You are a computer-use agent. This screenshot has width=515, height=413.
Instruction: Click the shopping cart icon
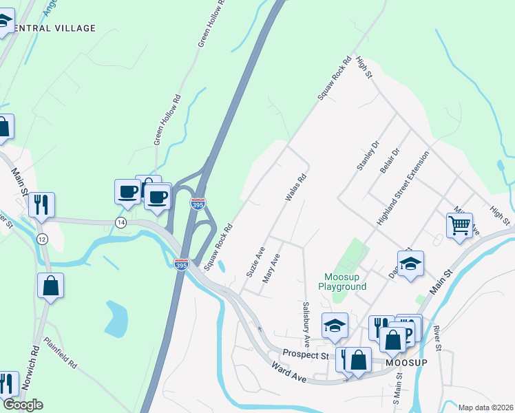tap(459, 224)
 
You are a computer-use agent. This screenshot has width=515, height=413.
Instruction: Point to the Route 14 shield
tap(121, 222)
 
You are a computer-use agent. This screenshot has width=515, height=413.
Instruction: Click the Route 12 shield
tap(42, 237)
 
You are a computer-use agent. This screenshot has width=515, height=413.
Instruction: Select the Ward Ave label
tap(289, 373)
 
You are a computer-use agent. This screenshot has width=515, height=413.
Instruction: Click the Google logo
tap(22, 405)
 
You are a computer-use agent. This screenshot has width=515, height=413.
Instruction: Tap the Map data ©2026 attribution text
tap(485, 407)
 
